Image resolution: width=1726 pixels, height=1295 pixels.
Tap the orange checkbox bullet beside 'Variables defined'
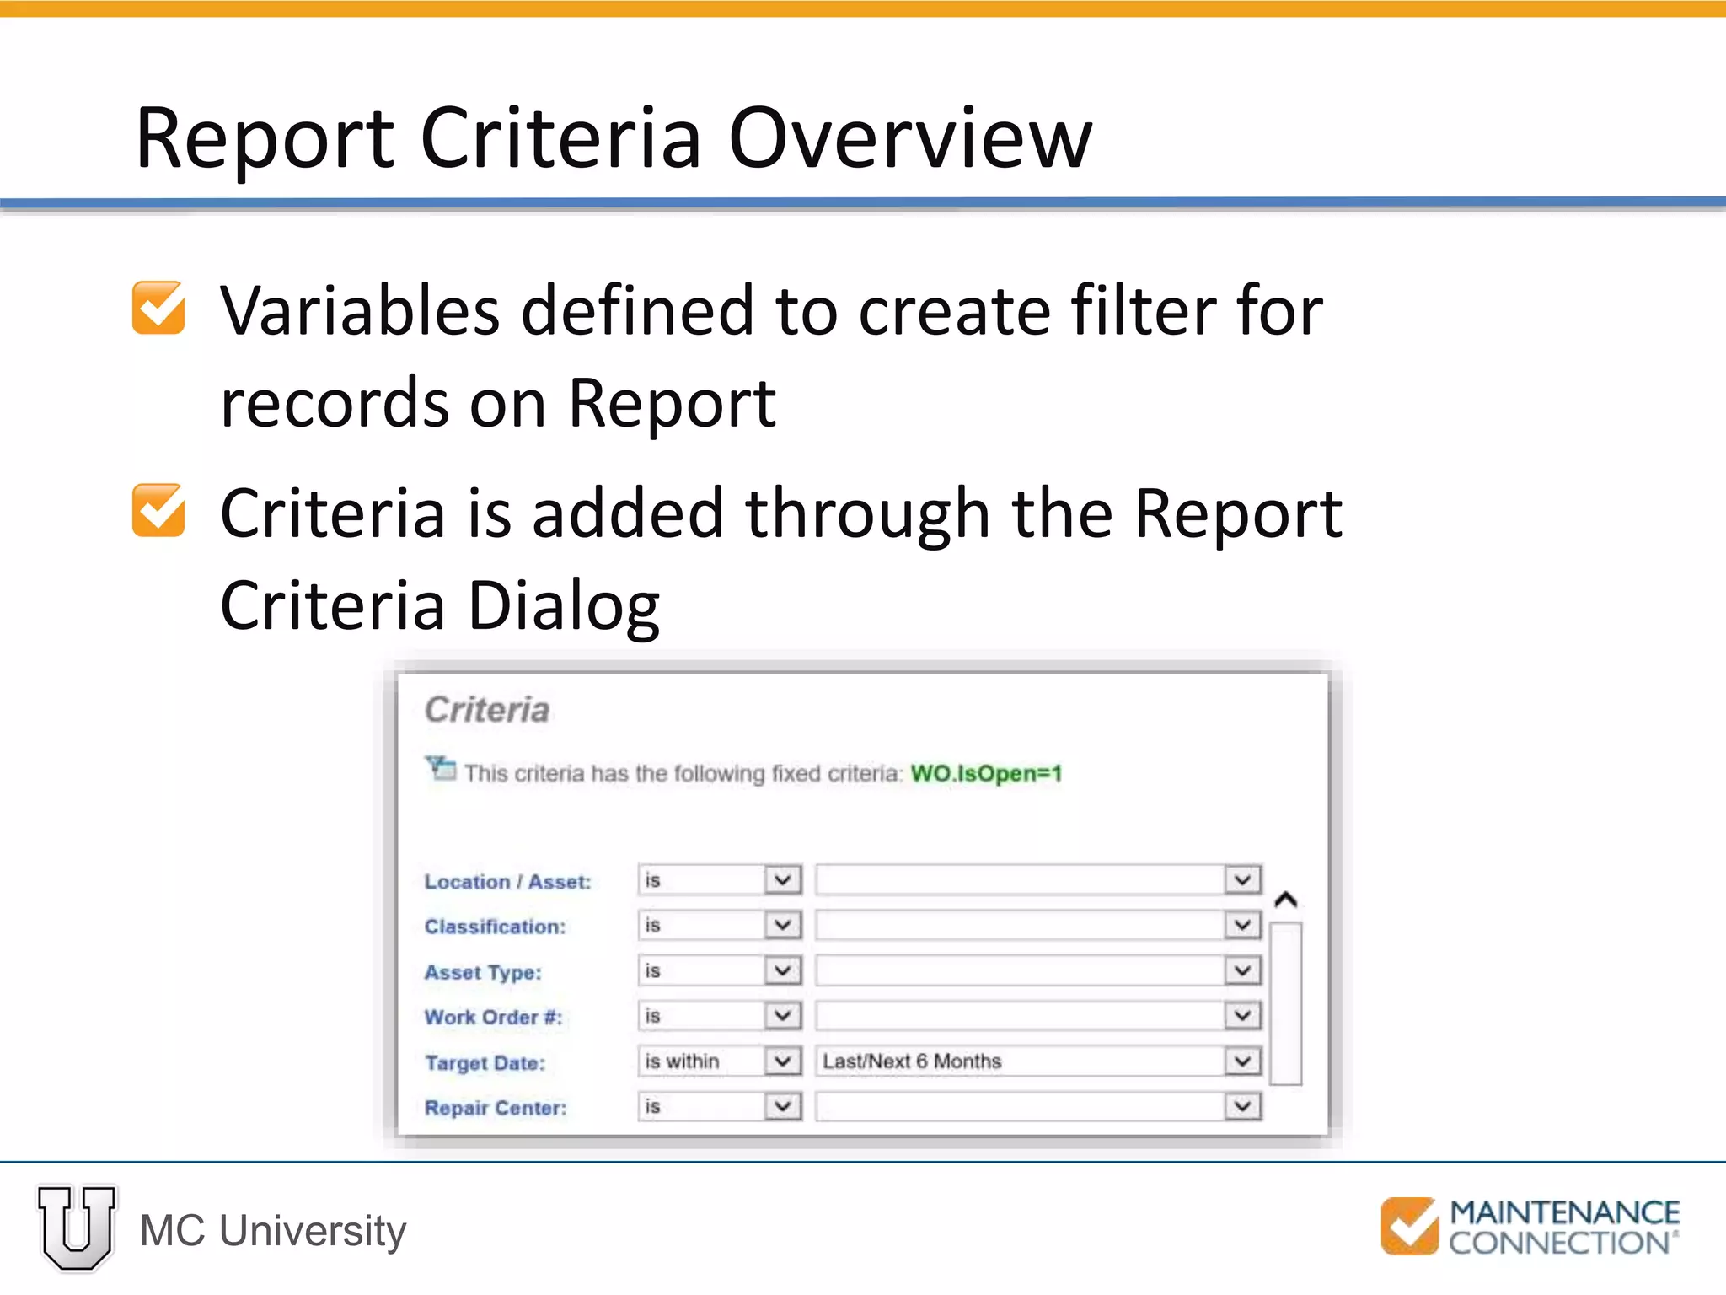click(158, 308)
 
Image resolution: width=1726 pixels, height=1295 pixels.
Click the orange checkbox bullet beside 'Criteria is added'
click(158, 510)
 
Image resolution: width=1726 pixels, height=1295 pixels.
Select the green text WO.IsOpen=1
click(986, 773)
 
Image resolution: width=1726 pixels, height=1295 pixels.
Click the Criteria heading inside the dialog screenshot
click(487, 710)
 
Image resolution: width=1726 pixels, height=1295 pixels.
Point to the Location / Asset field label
click(507, 882)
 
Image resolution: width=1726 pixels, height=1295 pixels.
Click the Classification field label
click(495, 927)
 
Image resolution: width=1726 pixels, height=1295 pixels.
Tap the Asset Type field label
click(483, 972)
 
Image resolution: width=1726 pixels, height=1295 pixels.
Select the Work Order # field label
click(493, 1018)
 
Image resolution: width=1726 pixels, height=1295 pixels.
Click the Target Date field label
click(485, 1063)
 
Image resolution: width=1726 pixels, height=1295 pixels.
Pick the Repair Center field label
click(496, 1108)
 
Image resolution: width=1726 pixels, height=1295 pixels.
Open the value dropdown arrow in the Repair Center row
click(1242, 1106)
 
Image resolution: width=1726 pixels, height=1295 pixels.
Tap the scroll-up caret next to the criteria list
click(1285, 900)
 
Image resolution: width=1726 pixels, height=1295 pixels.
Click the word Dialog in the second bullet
click(564, 605)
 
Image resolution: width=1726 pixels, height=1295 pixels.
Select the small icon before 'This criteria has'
click(441, 768)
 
